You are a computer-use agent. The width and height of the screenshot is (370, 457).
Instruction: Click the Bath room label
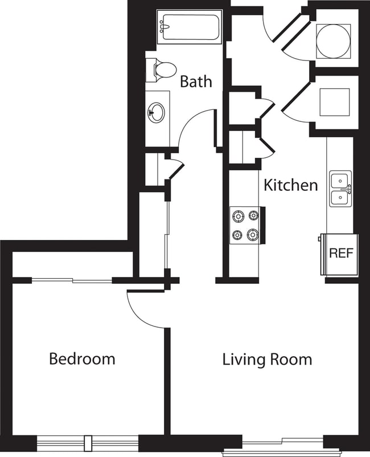point(196,81)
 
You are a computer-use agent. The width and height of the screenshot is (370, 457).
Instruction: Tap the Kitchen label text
point(290,185)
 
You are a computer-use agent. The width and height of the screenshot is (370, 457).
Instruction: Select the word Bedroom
point(82,359)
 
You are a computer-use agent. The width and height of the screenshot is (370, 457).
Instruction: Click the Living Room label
point(267,360)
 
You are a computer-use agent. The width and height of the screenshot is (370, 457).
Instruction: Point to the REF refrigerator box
point(341,254)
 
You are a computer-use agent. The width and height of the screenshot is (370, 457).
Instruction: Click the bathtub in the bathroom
point(189,27)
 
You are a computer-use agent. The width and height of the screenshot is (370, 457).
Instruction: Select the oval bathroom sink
point(157,112)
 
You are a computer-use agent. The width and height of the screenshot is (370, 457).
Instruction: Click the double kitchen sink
point(340,189)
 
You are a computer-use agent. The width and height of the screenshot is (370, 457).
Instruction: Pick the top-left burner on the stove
point(237,216)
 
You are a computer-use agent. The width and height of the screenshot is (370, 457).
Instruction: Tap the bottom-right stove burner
point(252,235)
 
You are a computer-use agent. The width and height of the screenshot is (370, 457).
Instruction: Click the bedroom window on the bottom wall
point(88,443)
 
